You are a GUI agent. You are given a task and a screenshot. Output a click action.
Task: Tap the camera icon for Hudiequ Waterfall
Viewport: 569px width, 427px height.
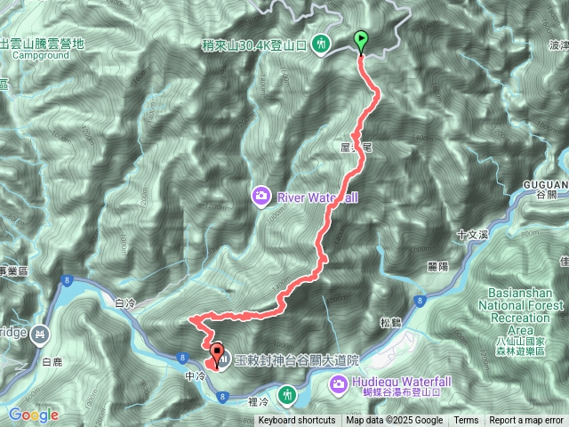340,384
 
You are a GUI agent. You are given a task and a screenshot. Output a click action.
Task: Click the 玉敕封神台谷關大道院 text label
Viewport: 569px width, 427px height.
297,360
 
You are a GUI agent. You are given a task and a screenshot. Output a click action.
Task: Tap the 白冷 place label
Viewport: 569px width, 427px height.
125,303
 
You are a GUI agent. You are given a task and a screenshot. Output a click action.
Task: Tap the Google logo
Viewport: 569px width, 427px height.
34,415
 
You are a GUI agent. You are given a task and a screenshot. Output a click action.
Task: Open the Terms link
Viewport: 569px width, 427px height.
466,421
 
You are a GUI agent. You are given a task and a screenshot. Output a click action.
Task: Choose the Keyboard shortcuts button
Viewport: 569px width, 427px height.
297,421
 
